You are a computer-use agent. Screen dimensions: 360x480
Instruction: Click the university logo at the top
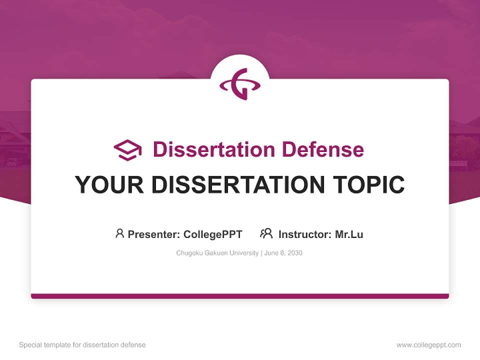(x=240, y=83)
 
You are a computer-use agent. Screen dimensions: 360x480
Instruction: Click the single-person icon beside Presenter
(x=119, y=233)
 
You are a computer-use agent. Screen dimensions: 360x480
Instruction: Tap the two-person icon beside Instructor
(x=266, y=233)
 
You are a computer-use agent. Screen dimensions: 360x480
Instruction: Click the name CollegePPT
(x=212, y=234)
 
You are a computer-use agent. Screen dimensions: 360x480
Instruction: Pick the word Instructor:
(x=305, y=234)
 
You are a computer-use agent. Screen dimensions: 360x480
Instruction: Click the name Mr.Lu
(x=349, y=234)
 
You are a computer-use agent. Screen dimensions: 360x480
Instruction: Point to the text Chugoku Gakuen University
(x=217, y=253)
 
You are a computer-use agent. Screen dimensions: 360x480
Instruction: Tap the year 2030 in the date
(x=294, y=253)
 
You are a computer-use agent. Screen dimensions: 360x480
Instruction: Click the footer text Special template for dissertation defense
(x=82, y=345)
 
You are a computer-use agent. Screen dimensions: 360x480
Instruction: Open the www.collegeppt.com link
(x=428, y=345)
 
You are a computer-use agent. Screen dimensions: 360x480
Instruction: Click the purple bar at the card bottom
(x=240, y=296)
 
